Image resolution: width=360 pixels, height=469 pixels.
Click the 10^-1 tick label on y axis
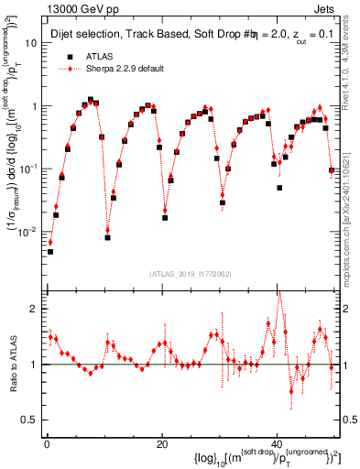tap(28, 169)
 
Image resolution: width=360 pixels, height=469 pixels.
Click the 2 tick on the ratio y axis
tap(35, 309)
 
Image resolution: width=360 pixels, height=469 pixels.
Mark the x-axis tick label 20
tap(161, 444)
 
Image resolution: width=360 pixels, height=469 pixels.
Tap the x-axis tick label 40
tap(277, 444)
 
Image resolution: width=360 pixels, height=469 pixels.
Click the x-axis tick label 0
tap(46, 444)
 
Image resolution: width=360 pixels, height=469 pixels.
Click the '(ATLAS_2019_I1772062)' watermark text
tap(191, 274)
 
